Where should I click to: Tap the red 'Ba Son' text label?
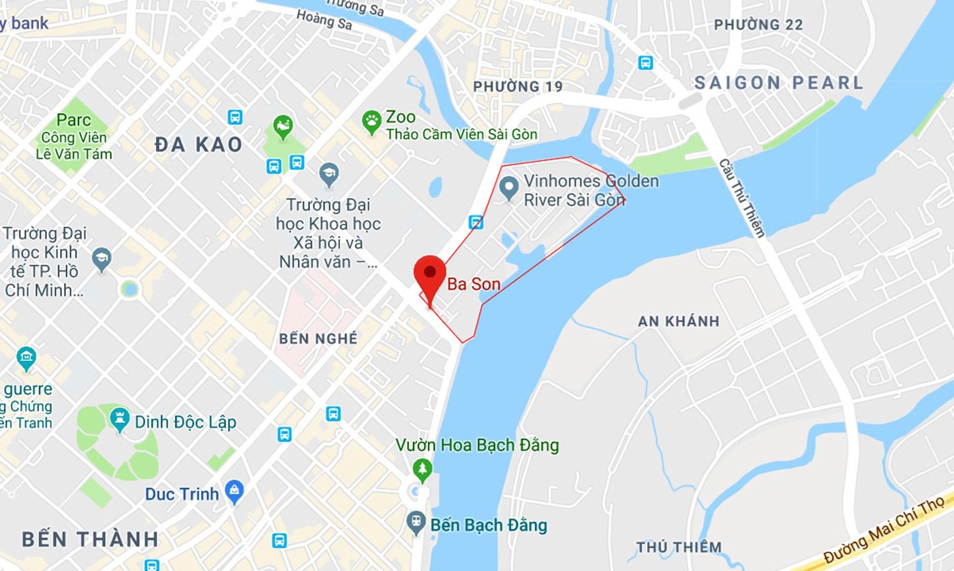pos(473,284)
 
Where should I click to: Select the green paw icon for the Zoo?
pos(371,123)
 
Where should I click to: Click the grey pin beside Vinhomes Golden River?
pos(508,188)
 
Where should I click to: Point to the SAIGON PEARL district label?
pos(778,83)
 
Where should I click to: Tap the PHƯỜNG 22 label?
pos(758,25)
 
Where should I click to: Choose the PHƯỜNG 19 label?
pos(518,87)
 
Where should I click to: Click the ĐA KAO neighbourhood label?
pos(198,145)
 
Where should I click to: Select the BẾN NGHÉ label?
pos(318,339)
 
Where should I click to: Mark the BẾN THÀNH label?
pos(90,539)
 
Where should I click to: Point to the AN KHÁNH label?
pos(678,321)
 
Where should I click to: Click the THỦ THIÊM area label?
pos(679,547)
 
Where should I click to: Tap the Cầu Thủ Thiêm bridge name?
pos(742,198)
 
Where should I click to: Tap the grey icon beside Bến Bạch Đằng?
pos(416,523)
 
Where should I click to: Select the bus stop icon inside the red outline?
pos(476,222)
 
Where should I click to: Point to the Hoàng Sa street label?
pos(324,20)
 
